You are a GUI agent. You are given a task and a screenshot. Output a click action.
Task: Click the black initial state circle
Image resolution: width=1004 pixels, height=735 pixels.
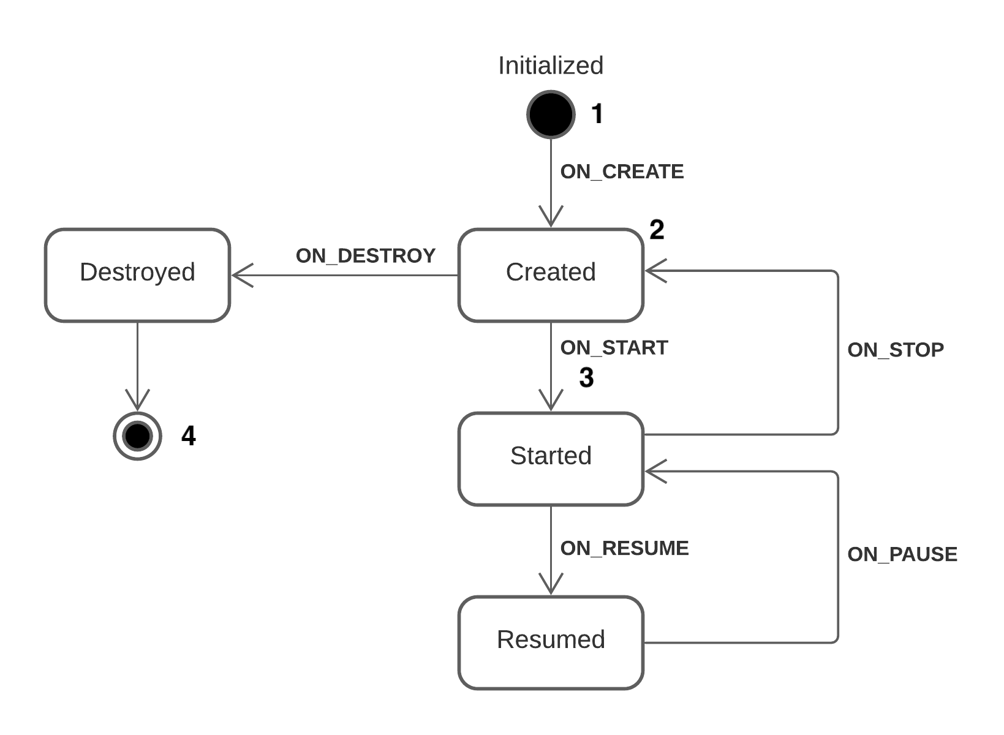(x=550, y=114)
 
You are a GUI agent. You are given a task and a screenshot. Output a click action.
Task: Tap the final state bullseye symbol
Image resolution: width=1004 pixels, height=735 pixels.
(x=137, y=435)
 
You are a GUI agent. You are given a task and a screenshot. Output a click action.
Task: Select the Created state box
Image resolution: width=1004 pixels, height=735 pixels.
(x=550, y=275)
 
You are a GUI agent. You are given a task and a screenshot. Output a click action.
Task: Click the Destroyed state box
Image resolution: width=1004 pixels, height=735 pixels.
(x=137, y=275)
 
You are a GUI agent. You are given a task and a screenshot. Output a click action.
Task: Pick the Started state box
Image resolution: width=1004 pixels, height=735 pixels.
(x=550, y=459)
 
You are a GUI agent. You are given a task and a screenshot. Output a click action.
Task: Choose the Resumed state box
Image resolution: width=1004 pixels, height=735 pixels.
(x=550, y=643)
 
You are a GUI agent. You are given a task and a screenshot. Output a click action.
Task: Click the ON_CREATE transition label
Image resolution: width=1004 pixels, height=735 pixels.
(x=621, y=171)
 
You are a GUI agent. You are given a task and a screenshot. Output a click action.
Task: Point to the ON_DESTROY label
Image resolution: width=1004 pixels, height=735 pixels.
(x=365, y=255)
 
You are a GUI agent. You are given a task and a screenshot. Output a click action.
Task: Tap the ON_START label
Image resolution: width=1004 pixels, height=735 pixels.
(x=614, y=347)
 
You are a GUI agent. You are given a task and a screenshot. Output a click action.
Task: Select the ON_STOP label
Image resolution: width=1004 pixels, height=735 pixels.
(x=895, y=350)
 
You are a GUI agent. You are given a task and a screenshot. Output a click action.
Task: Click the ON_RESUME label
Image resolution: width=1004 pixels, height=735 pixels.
(x=624, y=548)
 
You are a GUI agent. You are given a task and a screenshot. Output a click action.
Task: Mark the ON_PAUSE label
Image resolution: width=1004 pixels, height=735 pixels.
(x=902, y=554)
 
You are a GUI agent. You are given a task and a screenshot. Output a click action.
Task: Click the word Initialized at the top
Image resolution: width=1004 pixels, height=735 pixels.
(x=550, y=66)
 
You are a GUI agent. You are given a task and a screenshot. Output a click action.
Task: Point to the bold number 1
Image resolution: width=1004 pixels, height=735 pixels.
(x=597, y=114)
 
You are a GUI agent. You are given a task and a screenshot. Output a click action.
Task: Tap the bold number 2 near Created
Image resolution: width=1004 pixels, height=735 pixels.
(x=656, y=230)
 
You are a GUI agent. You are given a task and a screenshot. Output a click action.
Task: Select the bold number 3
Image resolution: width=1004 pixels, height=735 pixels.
(x=586, y=377)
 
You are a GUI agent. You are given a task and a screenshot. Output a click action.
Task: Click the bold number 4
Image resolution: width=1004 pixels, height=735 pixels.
(x=188, y=435)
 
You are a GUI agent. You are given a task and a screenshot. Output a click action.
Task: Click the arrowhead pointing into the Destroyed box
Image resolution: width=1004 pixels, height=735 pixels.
(x=241, y=275)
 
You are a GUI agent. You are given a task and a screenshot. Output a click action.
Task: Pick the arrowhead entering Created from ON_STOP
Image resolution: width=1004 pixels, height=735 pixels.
(x=655, y=271)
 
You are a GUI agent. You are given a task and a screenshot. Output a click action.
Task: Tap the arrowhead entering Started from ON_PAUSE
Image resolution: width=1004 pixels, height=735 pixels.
(x=655, y=471)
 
